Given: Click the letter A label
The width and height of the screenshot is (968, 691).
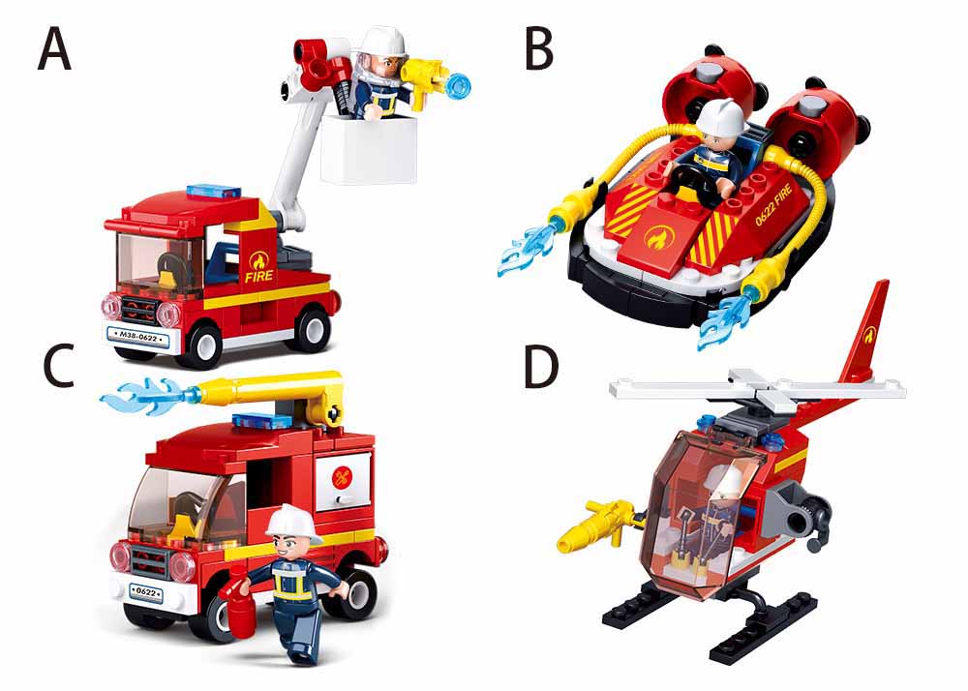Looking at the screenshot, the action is (x=54, y=50).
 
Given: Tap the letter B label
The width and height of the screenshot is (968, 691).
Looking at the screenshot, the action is (x=539, y=49).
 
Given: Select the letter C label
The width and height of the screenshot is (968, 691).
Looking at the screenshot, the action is (x=60, y=366).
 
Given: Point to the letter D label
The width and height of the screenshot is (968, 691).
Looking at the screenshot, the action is (x=541, y=368).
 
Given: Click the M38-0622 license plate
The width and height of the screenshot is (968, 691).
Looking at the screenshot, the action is (x=137, y=337).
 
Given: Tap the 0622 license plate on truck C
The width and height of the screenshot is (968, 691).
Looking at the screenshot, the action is (x=146, y=592).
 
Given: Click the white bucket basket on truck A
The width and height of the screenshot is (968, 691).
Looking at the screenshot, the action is (x=369, y=149).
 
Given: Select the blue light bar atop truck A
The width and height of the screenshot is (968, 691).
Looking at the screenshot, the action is (x=212, y=190).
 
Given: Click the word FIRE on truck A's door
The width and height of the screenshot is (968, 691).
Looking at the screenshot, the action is (x=259, y=276).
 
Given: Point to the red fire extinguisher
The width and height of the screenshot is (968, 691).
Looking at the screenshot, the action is (x=238, y=608).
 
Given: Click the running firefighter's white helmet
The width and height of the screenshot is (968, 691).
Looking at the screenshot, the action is (x=292, y=524).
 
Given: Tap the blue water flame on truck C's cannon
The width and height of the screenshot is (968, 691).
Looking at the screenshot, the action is (x=146, y=396).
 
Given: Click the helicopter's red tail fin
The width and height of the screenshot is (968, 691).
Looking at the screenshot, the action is (x=864, y=333).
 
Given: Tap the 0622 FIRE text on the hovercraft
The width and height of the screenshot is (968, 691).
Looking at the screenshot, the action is (x=772, y=206).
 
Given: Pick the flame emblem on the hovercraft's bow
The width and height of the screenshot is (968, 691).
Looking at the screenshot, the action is (x=655, y=236).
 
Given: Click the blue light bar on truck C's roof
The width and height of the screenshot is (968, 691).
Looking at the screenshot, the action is (x=262, y=421).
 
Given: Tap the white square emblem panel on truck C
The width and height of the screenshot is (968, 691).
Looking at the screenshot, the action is (x=344, y=481).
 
